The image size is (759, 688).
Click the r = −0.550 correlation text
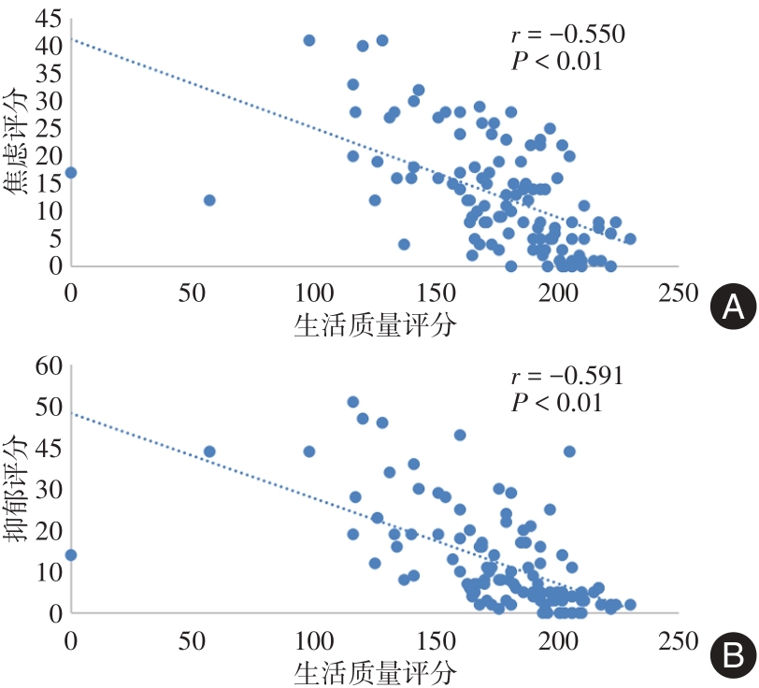567,36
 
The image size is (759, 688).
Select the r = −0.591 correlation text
567,378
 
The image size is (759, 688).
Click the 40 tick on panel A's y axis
44,45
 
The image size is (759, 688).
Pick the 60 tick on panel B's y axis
44,366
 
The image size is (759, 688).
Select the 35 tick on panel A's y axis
44,73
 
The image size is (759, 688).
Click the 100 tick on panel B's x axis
312,640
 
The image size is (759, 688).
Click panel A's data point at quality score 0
70,173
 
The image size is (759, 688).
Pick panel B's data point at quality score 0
70,554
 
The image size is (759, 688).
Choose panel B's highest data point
353,402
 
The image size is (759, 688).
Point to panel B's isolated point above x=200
569,451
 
